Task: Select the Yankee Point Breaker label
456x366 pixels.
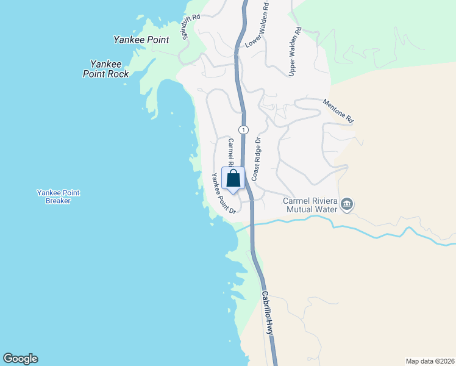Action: pos(58,196)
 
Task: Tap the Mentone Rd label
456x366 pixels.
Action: pos(338,112)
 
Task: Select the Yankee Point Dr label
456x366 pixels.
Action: pos(224,194)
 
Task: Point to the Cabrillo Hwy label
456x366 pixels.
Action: pos(268,312)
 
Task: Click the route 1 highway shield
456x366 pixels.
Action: pos(243,129)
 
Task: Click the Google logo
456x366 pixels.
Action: pos(20,359)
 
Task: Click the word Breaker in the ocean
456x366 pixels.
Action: pos(58,201)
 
